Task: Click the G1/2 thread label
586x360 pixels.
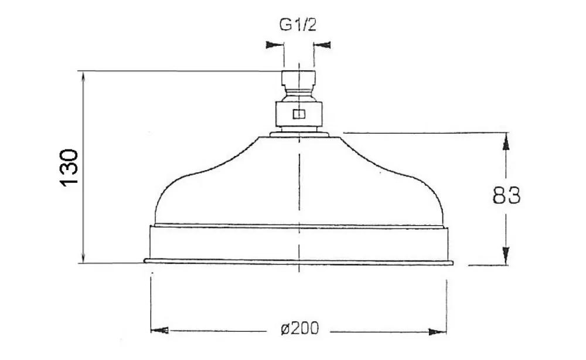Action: click(x=298, y=25)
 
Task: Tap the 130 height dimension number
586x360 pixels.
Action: click(x=69, y=167)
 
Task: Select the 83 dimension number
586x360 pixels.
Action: click(x=506, y=195)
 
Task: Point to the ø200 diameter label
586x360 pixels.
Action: click(x=299, y=328)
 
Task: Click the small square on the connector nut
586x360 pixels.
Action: click(x=299, y=114)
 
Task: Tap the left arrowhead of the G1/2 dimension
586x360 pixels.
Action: click(x=274, y=45)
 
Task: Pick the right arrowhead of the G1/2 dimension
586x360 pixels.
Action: click(x=322, y=45)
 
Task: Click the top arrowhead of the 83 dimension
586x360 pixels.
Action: click(x=506, y=141)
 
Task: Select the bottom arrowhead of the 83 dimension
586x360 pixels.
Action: click(x=506, y=256)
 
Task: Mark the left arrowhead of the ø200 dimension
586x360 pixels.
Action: click(x=159, y=331)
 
